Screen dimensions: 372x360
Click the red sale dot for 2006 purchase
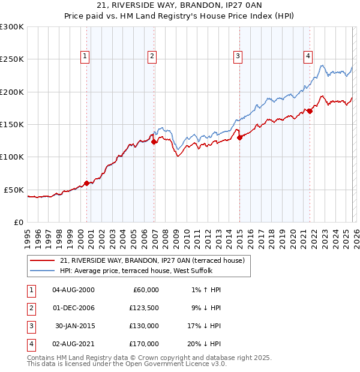pyautogui.click(x=154, y=142)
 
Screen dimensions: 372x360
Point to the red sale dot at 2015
pyautogui.click(x=240, y=137)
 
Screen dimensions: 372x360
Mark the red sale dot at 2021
pyautogui.click(x=310, y=111)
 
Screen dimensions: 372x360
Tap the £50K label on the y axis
pyautogui.click(x=14, y=190)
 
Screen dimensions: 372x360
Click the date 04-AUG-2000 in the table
pyautogui.click(x=73, y=290)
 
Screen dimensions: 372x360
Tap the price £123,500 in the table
pyautogui.click(x=144, y=308)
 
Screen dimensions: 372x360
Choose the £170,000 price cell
pyautogui.click(x=144, y=344)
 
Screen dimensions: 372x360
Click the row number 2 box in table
pyautogui.click(x=29, y=308)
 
